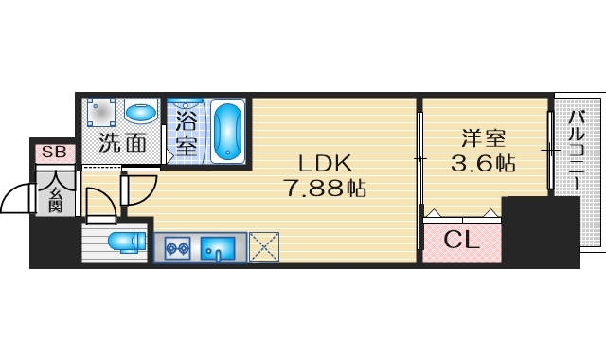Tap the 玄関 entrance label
click(55, 199)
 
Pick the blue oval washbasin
click(142, 113)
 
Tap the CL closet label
click(462, 240)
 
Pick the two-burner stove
click(176, 249)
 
